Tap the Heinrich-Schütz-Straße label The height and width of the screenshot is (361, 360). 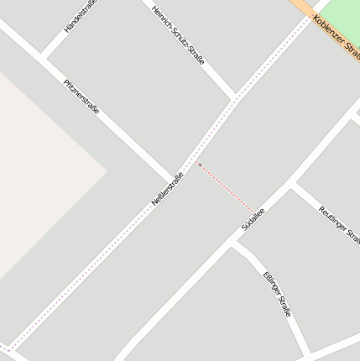tap(179, 34)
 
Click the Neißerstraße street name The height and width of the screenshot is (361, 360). tap(167, 190)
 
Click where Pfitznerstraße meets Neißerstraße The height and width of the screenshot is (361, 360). tap(177, 178)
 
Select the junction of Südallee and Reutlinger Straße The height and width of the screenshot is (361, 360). tap(291, 186)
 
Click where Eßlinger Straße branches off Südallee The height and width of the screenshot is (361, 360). tap(232, 244)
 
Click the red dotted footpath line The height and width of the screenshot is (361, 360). tap(227, 188)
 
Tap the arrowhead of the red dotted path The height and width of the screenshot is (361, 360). tap(200, 165)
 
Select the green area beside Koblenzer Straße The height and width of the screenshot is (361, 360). tap(339, 12)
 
